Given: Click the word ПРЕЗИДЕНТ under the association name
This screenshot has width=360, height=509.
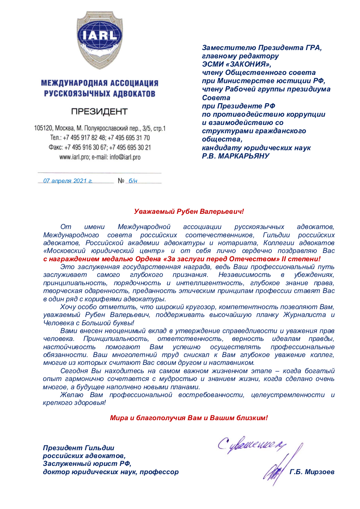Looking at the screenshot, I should tap(100, 111).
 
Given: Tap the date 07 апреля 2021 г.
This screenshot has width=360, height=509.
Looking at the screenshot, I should tap(68, 181).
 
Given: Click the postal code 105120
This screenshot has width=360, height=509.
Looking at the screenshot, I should tap(43, 128).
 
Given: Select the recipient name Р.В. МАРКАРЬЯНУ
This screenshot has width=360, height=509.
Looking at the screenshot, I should tap(236, 156).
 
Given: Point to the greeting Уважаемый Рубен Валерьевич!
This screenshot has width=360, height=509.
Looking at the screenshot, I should tap(189, 212).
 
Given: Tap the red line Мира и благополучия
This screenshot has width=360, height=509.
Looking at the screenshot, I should tap(189, 418).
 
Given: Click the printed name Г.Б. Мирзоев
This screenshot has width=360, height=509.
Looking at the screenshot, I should tap(312, 472).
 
